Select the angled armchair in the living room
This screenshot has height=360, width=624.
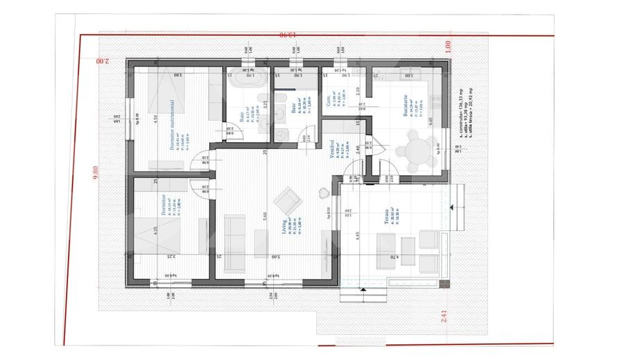coord(287,201)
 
